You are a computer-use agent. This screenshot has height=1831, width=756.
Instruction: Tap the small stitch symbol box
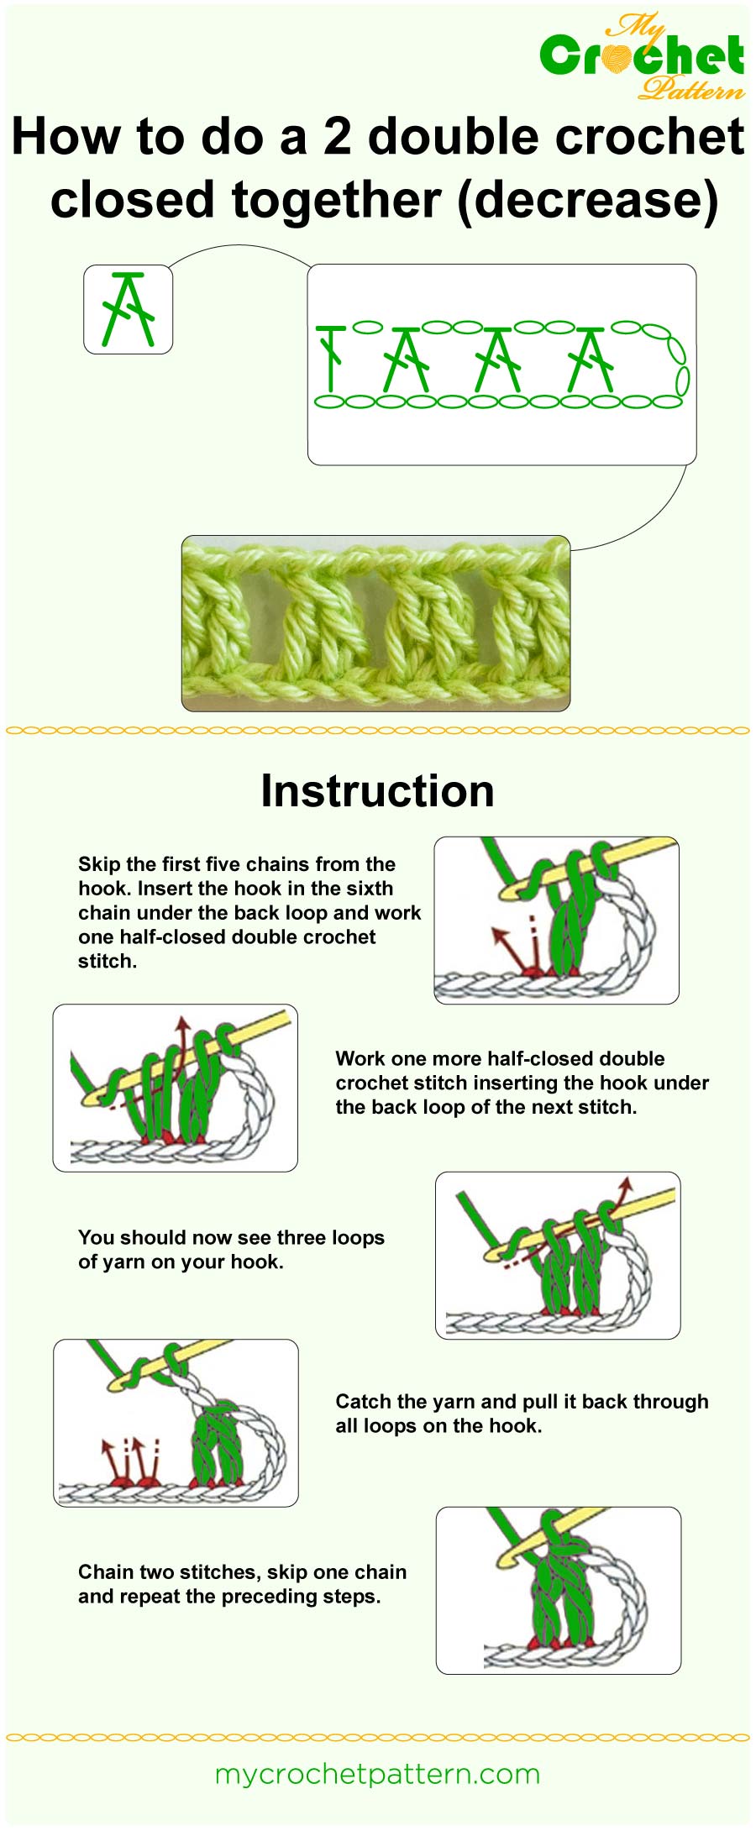tap(128, 309)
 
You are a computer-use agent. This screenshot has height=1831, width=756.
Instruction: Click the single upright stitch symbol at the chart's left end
tap(332, 357)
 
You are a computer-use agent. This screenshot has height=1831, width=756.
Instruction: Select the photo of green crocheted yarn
tap(375, 623)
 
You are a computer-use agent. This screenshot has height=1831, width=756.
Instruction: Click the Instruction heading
tap(377, 791)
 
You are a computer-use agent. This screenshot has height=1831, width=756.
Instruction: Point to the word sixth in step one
tap(369, 889)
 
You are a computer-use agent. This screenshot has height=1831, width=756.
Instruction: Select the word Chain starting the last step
tap(106, 1571)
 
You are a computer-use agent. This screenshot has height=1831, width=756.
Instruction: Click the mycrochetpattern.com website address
tap(377, 1774)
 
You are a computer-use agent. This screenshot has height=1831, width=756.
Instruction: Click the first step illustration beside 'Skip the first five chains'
tap(556, 920)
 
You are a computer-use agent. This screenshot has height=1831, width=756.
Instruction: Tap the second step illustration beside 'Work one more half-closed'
tap(175, 1088)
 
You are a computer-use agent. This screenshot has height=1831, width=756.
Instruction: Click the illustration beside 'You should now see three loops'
tap(558, 1255)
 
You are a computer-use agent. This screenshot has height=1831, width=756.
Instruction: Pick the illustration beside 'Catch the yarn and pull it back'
tap(176, 1423)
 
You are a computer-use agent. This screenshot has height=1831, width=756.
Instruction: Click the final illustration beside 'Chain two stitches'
tap(558, 1590)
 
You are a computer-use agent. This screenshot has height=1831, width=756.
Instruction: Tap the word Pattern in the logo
tap(690, 87)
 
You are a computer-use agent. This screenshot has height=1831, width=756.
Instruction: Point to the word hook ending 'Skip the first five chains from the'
tap(102, 889)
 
